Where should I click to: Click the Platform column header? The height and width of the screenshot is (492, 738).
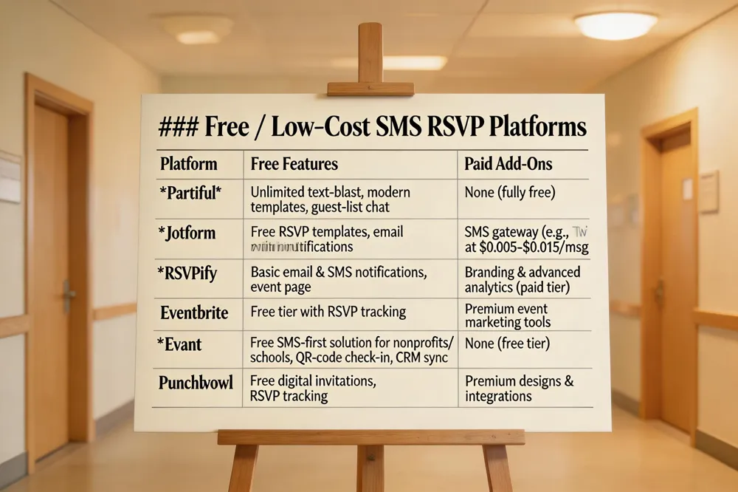189,163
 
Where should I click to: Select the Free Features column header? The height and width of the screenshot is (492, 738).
294,163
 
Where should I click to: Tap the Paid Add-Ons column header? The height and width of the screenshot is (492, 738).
508,163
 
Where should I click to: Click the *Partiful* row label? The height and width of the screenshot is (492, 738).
191,193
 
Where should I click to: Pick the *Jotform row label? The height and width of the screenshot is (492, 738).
187,233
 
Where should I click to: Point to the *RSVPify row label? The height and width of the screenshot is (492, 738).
188,273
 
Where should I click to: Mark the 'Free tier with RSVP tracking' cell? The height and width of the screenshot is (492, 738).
328,311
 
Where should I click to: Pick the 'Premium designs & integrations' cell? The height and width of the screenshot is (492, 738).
519,389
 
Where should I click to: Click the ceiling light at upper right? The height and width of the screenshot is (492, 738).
615,25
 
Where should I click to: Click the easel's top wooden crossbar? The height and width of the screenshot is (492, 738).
370,89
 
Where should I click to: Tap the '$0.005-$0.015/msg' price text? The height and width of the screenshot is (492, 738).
520,247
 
